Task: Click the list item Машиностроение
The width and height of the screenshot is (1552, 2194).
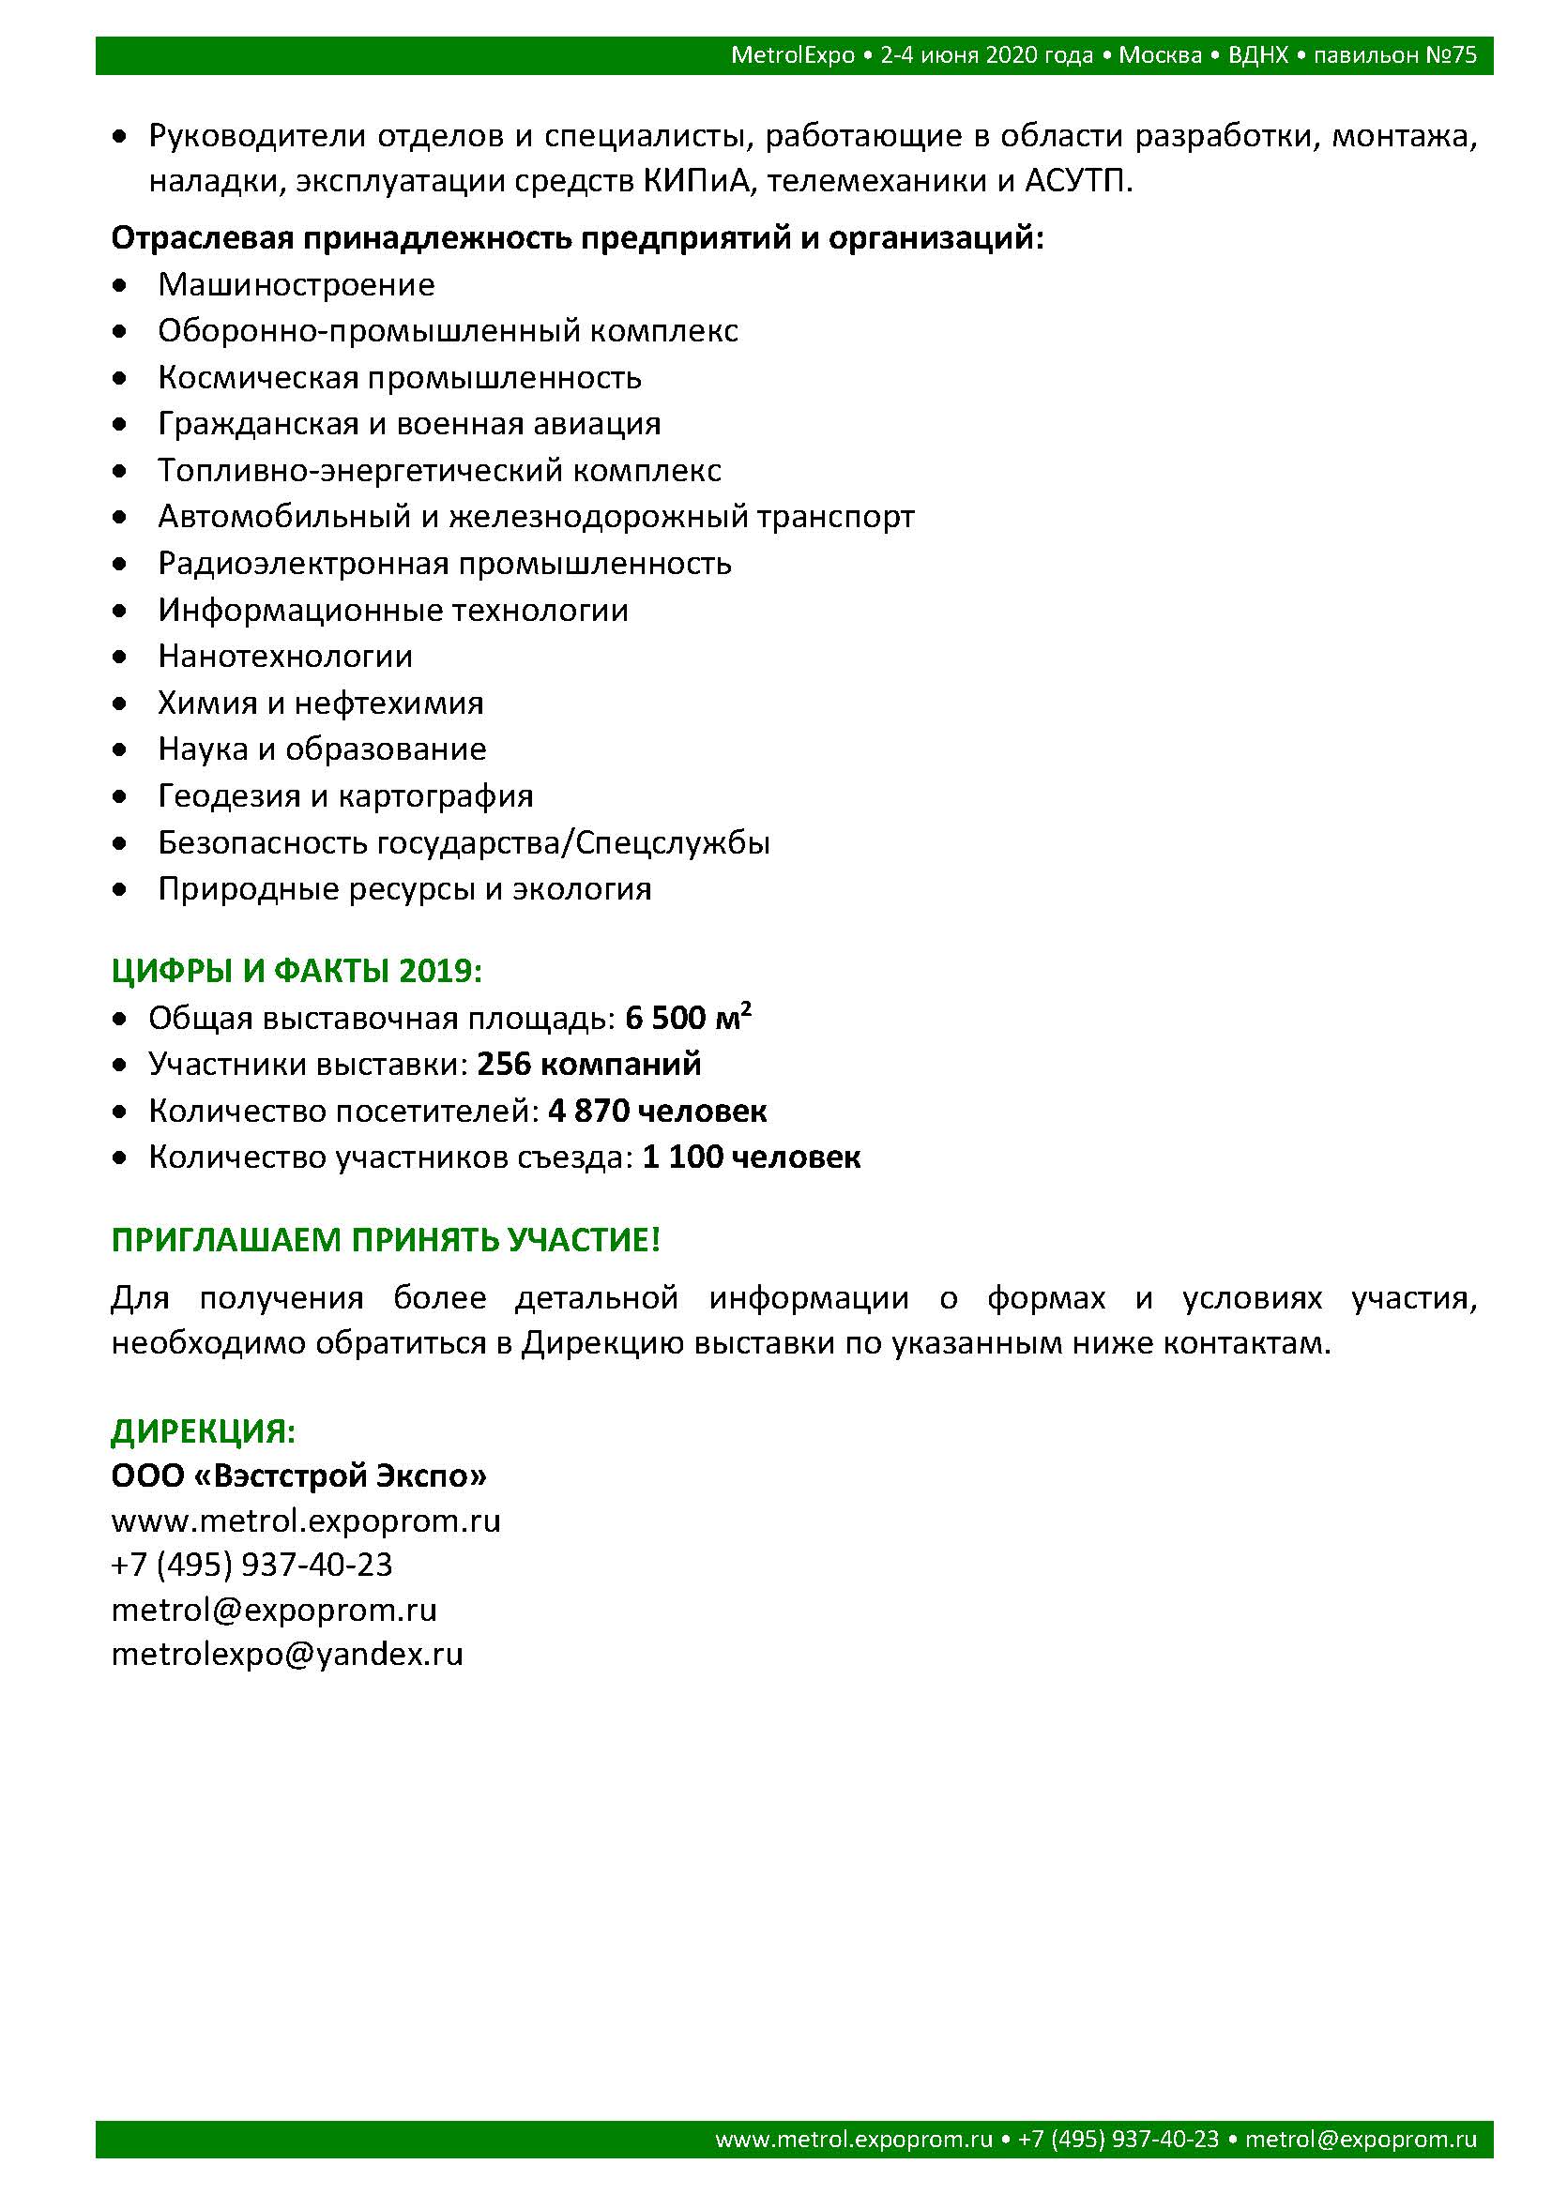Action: pyautogui.click(x=297, y=285)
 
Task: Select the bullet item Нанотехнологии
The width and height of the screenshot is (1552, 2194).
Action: pyautogui.click(x=285, y=657)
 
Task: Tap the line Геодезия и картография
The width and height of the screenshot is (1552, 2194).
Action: pyautogui.click(x=345, y=796)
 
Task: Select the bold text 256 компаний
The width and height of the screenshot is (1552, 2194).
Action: pyautogui.click(x=588, y=1065)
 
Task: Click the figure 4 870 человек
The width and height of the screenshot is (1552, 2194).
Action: pyautogui.click(x=658, y=1112)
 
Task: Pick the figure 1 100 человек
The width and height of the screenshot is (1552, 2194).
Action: pyautogui.click(x=752, y=1158)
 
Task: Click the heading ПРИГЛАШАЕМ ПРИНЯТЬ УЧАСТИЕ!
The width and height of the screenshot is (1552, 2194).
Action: pyautogui.click(x=386, y=1240)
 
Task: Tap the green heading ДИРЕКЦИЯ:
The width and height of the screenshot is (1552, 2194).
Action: pyautogui.click(x=204, y=1431)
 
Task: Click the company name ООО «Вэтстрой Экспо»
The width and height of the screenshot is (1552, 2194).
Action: pyautogui.click(x=299, y=1476)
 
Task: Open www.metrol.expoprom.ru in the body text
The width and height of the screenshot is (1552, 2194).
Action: pyautogui.click(x=306, y=1521)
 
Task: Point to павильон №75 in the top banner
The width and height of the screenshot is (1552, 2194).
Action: pyautogui.click(x=1395, y=55)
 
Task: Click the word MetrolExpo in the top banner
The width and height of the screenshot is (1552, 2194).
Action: pyautogui.click(x=792, y=55)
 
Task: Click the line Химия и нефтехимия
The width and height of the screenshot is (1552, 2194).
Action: pyautogui.click(x=320, y=704)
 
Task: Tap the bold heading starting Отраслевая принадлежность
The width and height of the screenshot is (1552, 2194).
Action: pyautogui.click(x=577, y=238)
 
